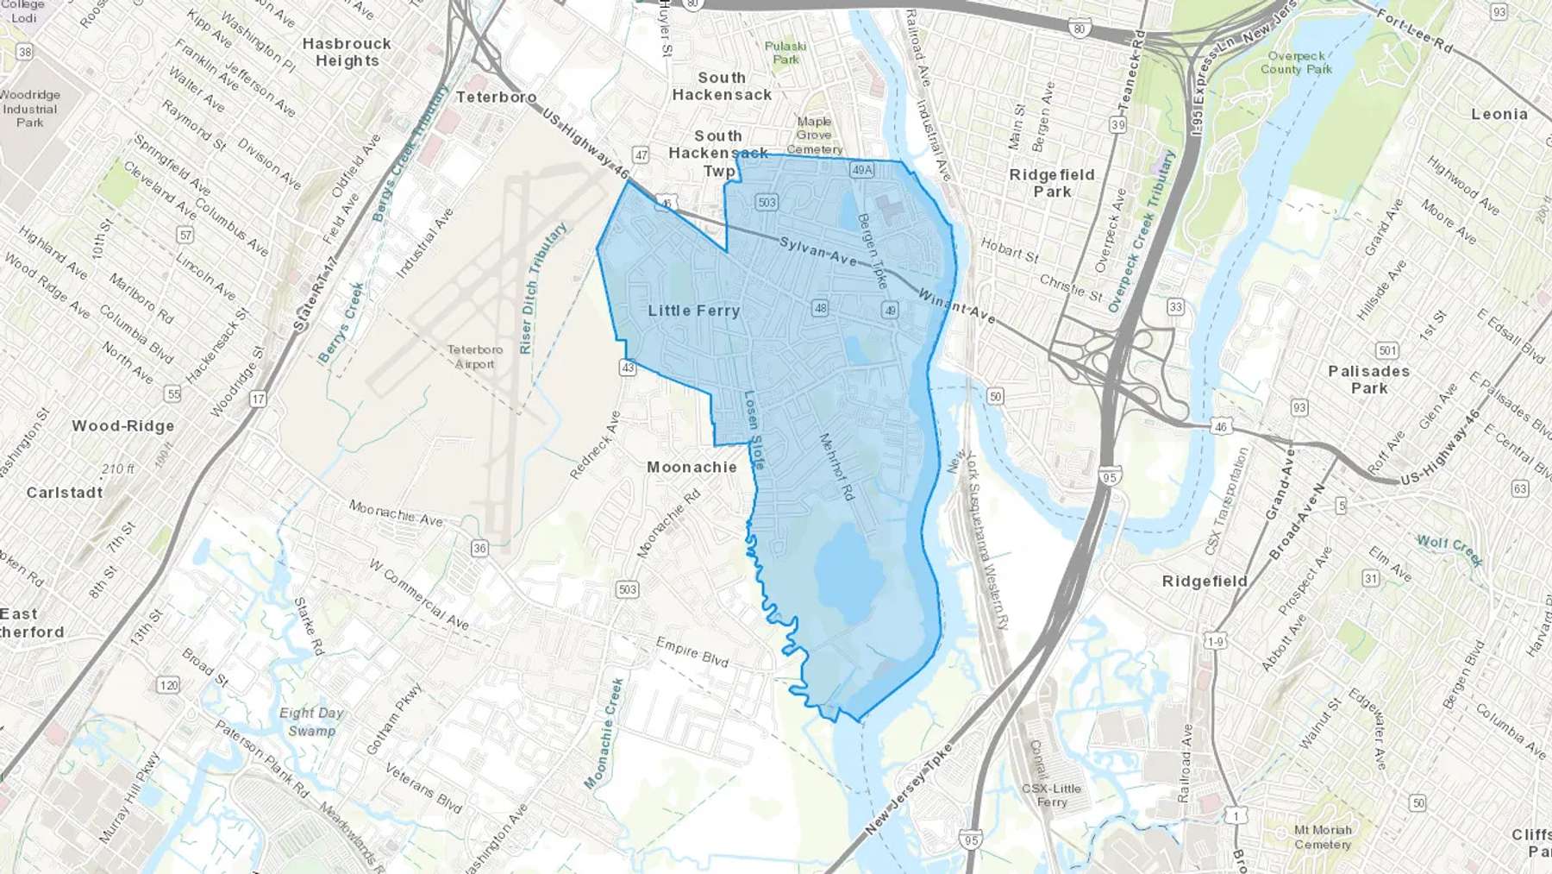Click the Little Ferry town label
pyautogui.click(x=694, y=311)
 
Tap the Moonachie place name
pyautogui.click(x=692, y=467)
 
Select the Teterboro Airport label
pyautogui.click(x=474, y=356)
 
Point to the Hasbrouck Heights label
pyautogui.click(x=347, y=52)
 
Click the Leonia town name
pyautogui.click(x=1499, y=114)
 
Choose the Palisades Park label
pyautogui.click(x=1368, y=380)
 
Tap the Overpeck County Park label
pyautogui.click(x=1296, y=62)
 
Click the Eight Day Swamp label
pyautogui.click(x=311, y=721)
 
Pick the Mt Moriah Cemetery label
pyautogui.click(x=1323, y=837)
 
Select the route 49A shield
pyautogui.click(x=862, y=170)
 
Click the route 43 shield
pyautogui.click(x=627, y=368)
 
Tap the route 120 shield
pyautogui.click(x=168, y=685)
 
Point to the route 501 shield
pyautogui.click(x=1387, y=350)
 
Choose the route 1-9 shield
pyautogui.click(x=1215, y=641)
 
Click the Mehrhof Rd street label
pyautogui.click(x=835, y=467)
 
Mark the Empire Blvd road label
pyautogui.click(x=692, y=652)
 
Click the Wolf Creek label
pyautogui.click(x=1449, y=549)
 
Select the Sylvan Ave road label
pyautogui.click(x=818, y=250)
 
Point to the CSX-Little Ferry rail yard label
pyautogui.click(x=1051, y=795)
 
